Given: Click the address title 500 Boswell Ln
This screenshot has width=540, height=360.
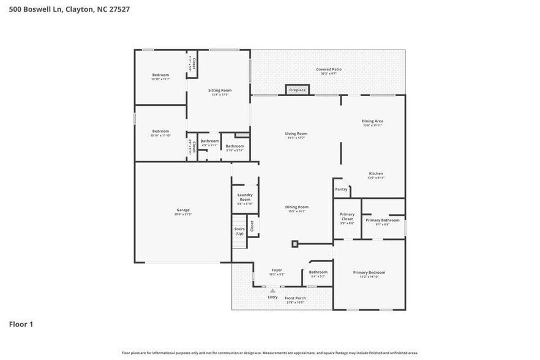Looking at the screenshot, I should click(x=69, y=9).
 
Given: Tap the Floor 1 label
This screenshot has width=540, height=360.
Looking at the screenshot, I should click(x=21, y=324).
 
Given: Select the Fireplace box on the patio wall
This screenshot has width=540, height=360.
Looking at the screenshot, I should click(x=298, y=90).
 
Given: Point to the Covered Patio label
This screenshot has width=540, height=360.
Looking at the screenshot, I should click(x=329, y=70).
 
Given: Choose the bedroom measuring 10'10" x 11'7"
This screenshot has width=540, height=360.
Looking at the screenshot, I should click(x=160, y=77).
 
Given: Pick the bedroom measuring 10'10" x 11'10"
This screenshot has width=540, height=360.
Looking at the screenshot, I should click(x=160, y=133).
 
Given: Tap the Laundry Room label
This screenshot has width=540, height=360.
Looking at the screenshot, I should click(x=245, y=198).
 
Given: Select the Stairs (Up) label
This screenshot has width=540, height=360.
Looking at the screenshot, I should click(x=239, y=231).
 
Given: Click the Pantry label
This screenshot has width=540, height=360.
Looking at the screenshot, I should click(x=341, y=189).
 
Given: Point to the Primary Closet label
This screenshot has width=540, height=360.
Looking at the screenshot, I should click(x=347, y=217).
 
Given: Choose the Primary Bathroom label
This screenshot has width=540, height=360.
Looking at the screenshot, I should click(x=382, y=220).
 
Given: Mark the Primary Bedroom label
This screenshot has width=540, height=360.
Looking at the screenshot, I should click(x=369, y=272).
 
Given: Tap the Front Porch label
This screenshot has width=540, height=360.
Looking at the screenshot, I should click(x=295, y=299).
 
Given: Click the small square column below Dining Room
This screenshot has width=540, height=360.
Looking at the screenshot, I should click(x=294, y=244).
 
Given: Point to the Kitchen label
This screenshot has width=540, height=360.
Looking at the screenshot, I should click(x=375, y=174).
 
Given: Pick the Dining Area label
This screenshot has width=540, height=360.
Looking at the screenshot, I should click(x=372, y=122).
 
